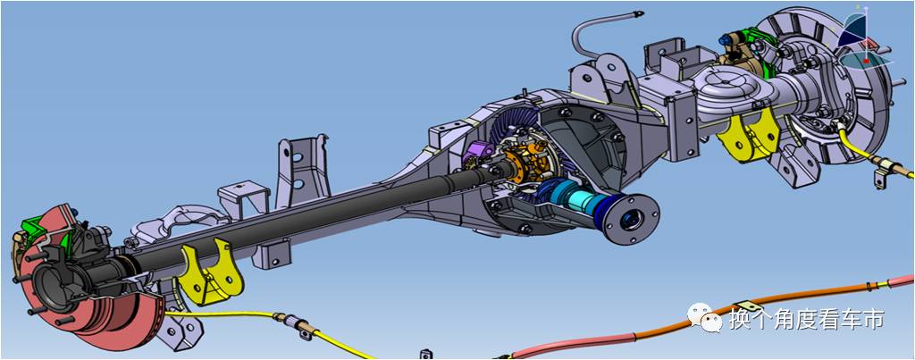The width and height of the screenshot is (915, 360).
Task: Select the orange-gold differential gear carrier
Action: point(531,161)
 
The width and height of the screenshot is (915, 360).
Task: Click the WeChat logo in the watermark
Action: point(705,317)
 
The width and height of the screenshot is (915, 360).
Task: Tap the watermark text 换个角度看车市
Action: point(807,320)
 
